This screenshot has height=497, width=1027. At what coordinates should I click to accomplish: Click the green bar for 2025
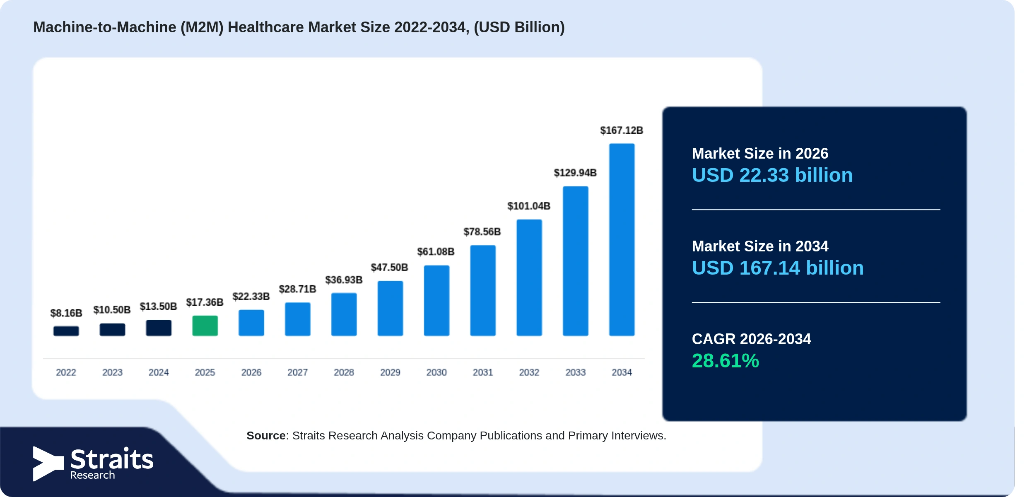point(205,326)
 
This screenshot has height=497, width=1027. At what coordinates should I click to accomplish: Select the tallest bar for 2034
point(622,239)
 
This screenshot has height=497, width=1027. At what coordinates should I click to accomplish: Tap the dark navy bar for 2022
point(66,331)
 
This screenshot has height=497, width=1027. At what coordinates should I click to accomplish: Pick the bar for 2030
point(436,300)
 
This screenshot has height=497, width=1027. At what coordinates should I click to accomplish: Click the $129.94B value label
point(575,173)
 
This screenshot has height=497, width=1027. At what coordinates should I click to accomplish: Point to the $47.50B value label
point(389,268)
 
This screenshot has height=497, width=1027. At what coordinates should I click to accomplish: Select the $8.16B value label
point(66,313)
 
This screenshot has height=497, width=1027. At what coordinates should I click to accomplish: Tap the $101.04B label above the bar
point(529,206)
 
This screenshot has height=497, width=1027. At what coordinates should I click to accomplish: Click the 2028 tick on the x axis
point(344,372)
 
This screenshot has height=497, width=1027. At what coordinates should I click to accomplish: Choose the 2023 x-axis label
point(112,372)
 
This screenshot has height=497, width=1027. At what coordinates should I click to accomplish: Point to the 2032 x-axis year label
point(529,372)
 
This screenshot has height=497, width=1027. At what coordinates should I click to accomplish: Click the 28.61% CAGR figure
point(726,361)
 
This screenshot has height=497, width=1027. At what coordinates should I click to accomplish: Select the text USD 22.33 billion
point(772,175)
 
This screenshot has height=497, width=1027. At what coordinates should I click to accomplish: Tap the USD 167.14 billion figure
point(778,268)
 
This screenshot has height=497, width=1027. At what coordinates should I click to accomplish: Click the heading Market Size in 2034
point(760,246)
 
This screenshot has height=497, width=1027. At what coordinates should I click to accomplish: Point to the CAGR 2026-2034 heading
point(751,339)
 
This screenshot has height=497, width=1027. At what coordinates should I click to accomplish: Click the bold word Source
point(266,436)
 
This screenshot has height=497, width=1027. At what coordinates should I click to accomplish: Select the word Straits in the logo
point(112,459)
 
